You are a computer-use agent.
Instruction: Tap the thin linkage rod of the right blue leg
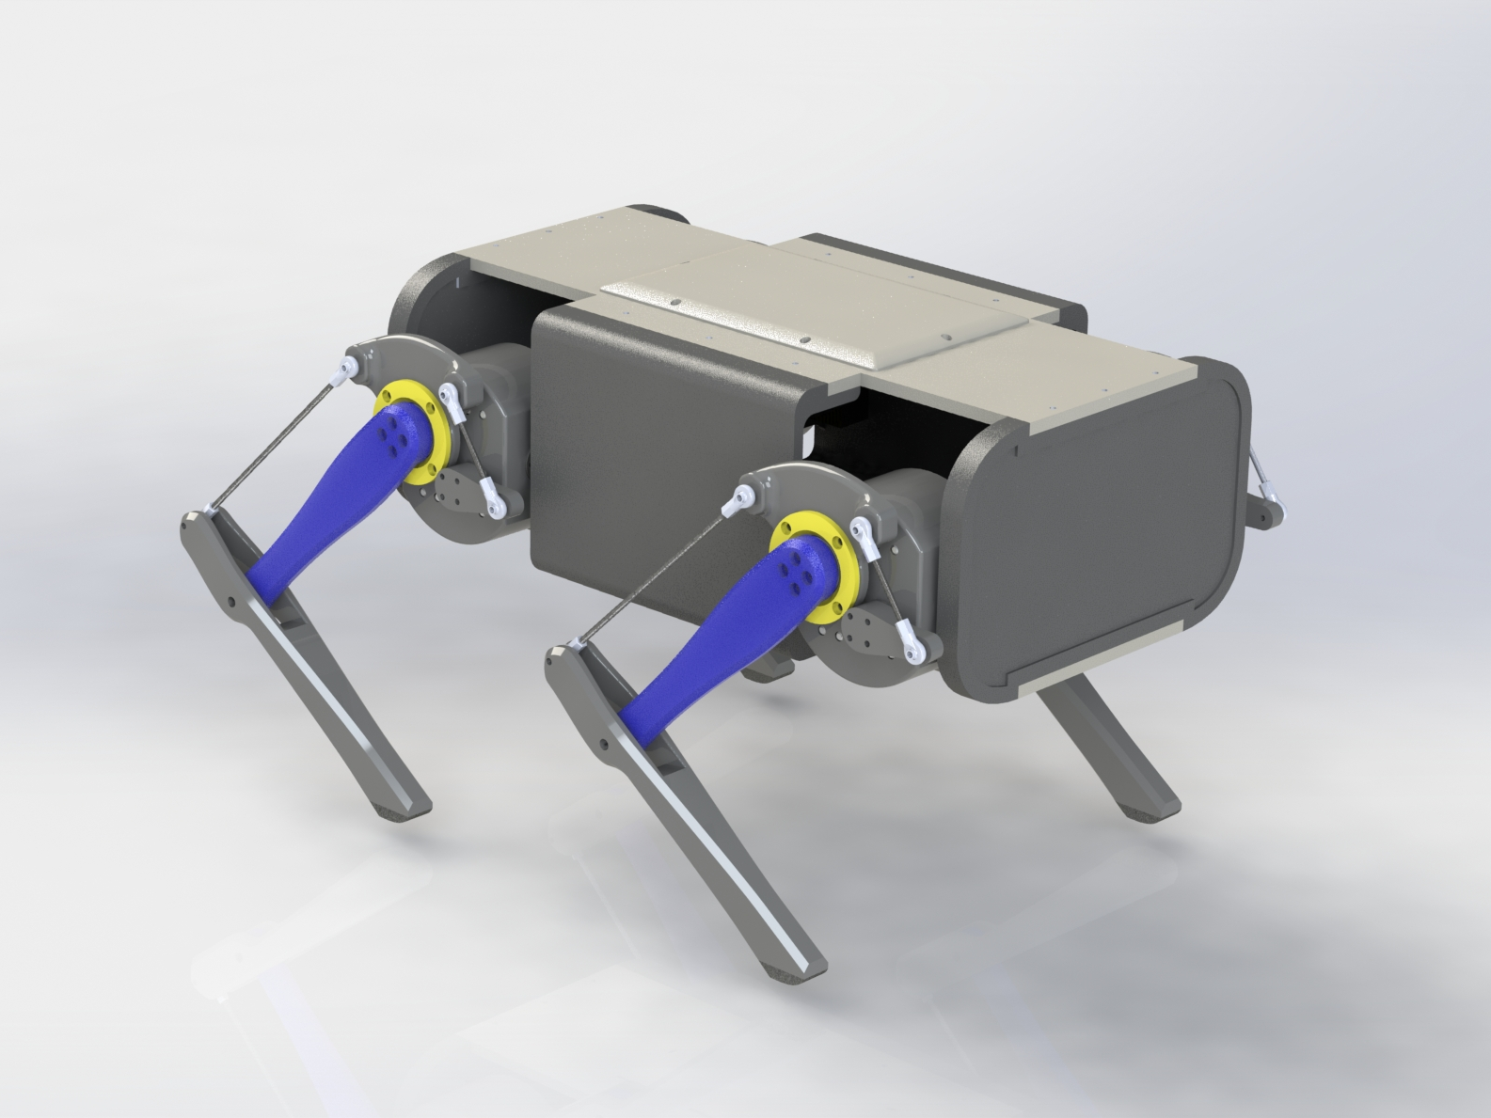coord(649,574)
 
